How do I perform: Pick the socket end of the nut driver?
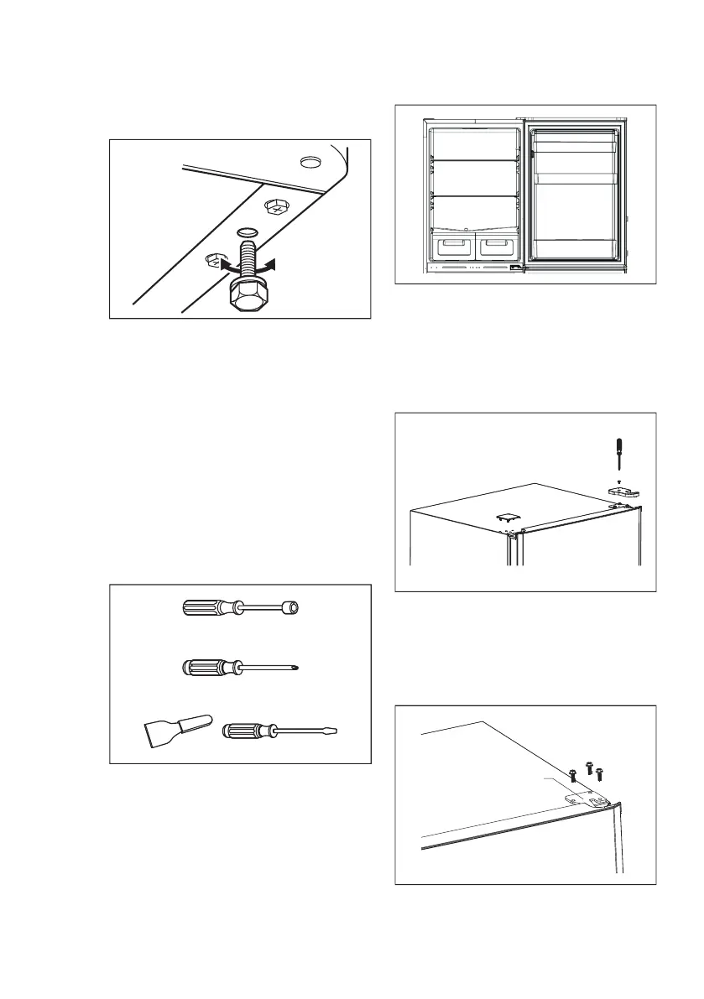coord(291,607)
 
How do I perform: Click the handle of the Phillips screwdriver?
coord(206,668)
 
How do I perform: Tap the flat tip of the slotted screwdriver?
coord(336,731)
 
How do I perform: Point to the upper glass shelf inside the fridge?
coord(474,159)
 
